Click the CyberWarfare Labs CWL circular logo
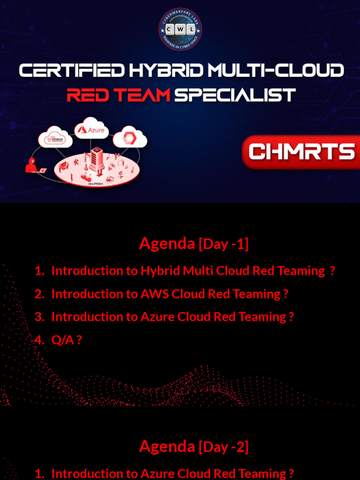(180, 29)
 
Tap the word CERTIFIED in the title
(72, 71)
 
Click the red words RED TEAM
(118, 95)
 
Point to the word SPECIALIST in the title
(235, 95)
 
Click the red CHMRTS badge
(301, 152)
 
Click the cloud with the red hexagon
(130, 138)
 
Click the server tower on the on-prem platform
(97, 159)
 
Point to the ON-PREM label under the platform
(96, 184)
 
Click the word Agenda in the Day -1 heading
(167, 243)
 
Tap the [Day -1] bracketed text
(224, 244)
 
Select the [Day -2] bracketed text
(224, 447)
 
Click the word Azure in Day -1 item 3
(157, 317)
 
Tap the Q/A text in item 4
(63, 340)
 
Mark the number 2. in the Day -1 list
(39, 294)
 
